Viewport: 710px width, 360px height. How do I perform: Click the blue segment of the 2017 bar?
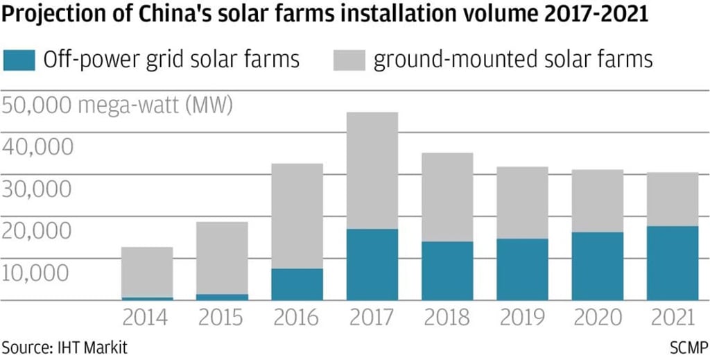[372, 264]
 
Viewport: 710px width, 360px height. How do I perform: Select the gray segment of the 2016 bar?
[297, 216]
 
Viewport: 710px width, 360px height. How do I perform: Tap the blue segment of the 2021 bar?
[672, 263]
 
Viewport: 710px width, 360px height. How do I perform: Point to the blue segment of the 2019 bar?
[521, 269]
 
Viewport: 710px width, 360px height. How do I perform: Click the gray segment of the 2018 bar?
[447, 197]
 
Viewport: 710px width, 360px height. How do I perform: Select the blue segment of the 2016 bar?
[297, 284]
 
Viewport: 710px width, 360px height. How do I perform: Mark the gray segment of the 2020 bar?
[597, 200]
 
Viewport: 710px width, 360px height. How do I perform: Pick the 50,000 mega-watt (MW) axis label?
[118, 106]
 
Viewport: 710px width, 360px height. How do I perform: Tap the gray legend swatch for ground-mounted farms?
[349, 60]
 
